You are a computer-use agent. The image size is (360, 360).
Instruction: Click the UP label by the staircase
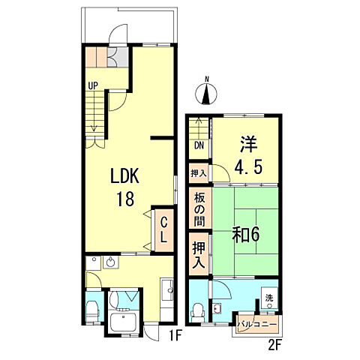93,85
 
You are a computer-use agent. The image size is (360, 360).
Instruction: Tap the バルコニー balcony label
258,325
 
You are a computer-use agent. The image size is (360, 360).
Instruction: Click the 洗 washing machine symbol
268,299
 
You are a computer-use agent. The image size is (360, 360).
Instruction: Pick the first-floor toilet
92,310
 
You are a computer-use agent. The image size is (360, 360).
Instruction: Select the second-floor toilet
197,309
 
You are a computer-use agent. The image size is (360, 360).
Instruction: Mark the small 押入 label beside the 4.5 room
199,172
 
